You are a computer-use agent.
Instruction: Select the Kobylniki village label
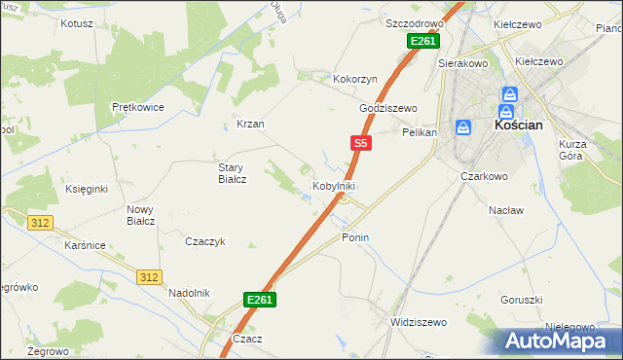[x=333, y=185]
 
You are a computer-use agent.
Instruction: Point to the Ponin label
[x=355, y=237]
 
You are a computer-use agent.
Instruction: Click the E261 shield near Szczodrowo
[x=423, y=41]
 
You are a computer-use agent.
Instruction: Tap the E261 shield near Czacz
[x=260, y=300]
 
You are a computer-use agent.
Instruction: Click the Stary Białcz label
[x=232, y=172]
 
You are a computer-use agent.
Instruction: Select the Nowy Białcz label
[x=141, y=214]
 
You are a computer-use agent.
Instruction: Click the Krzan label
[x=250, y=125]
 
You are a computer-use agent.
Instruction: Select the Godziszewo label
[x=387, y=108]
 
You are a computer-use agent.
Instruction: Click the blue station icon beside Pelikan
[x=463, y=127]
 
